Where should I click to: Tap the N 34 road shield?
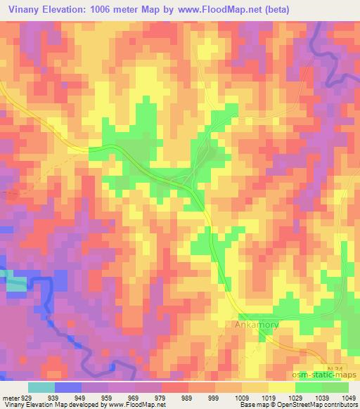336,369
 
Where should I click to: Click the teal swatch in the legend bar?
42,387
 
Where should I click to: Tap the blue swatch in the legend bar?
68,387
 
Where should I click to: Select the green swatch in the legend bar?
321,387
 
